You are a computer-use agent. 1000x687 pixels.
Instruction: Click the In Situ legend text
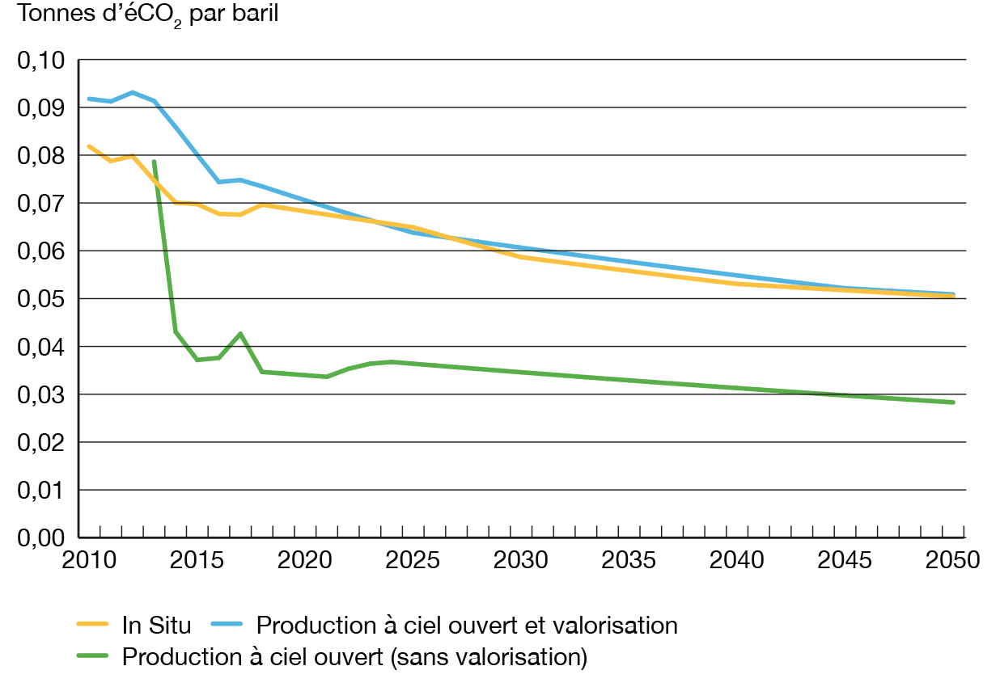(157, 625)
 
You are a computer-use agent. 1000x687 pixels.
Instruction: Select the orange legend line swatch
(93, 625)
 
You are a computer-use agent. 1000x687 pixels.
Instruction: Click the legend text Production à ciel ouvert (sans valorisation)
(354, 656)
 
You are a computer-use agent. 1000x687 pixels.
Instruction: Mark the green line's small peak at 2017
(240, 333)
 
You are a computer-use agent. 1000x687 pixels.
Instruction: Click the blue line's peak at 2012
(133, 91)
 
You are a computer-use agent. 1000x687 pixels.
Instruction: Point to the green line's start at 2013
(154, 161)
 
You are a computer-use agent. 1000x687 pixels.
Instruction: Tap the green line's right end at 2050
(954, 402)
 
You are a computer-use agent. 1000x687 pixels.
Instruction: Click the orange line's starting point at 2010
(88, 145)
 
